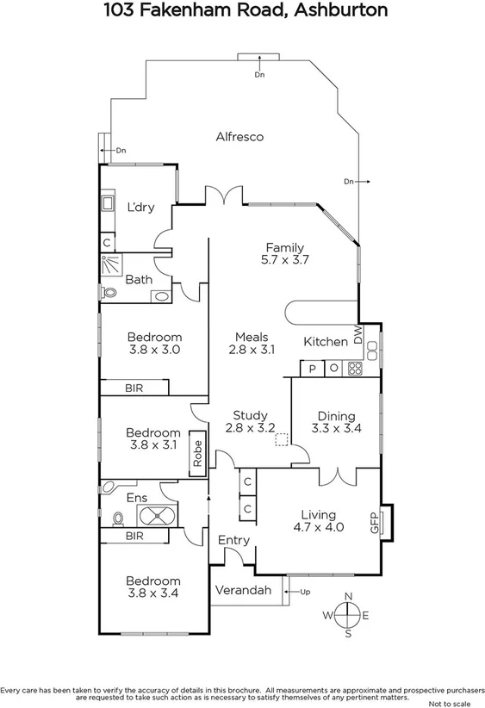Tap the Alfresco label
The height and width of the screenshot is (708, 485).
pyautogui.click(x=239, y=136)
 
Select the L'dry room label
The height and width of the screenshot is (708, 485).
pyautogui.click(x=140, y=207)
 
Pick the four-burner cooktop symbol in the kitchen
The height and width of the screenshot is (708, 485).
pyautogui.click(x=354, y=368)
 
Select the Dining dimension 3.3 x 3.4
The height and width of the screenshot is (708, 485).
pyautogui.click(x=335, y=427)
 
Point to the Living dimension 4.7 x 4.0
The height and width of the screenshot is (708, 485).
pyautogui.click(x=318, y=527)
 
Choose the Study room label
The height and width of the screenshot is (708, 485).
pyautogui.click(x=250, y=414)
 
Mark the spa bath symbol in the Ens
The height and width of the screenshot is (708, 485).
pyautogui.click(x=158, y=518)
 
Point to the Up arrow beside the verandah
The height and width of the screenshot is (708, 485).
pyautogui.click(x=299, y=591)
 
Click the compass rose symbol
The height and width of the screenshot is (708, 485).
pyautogui.click(x=348, y=615)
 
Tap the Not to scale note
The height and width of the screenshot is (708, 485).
pyautogui.click(x=445, y=702)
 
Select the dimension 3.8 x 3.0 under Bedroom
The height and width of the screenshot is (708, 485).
pyautogui.click(x=154, y=351)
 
